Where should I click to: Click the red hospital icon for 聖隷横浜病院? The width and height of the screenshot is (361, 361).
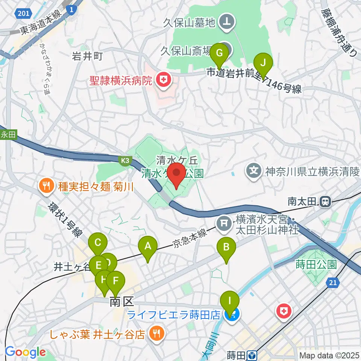(x=163, y=80)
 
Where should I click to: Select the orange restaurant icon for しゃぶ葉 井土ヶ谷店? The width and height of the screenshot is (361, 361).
(x=155, y=332)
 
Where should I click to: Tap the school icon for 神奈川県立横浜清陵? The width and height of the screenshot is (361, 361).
(x=254, y=170)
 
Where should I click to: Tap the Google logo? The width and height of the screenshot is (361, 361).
(x=25, y=352)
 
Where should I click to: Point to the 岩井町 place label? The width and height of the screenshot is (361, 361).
(x=87, y=56)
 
